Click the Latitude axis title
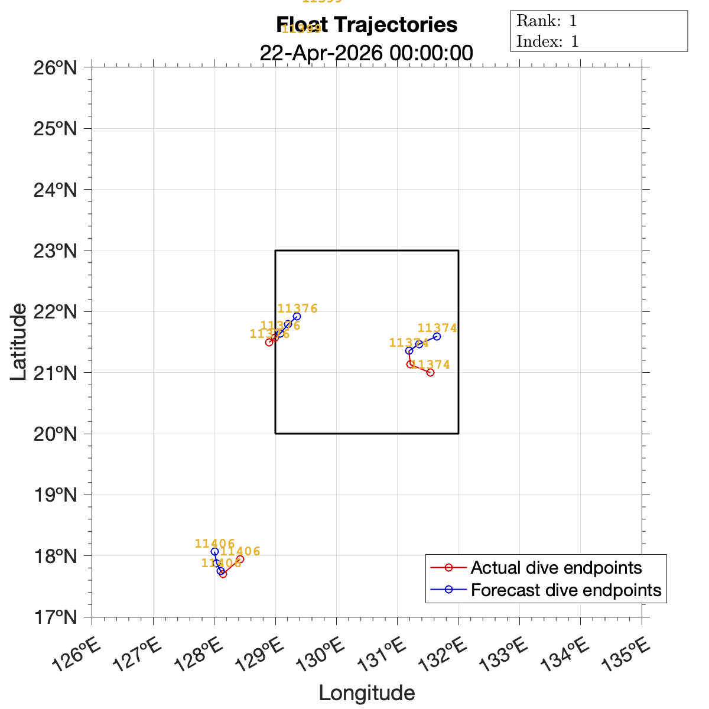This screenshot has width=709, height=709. tap(19, 342)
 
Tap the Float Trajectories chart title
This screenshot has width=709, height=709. tap(367, 25)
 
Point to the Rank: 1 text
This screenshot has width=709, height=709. tap(547, 21)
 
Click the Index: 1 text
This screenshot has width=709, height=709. tap(547, 41)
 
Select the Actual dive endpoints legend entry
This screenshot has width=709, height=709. tap(556, 568)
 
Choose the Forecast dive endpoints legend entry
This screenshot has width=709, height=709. tap(565, 590)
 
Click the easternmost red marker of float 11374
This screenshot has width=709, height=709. tap(430, 372)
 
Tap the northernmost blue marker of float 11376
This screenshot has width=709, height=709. tap(297, 317)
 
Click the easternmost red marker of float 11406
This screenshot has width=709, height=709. tap(240, 559)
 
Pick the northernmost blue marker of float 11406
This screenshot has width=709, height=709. tap(214, 551)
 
